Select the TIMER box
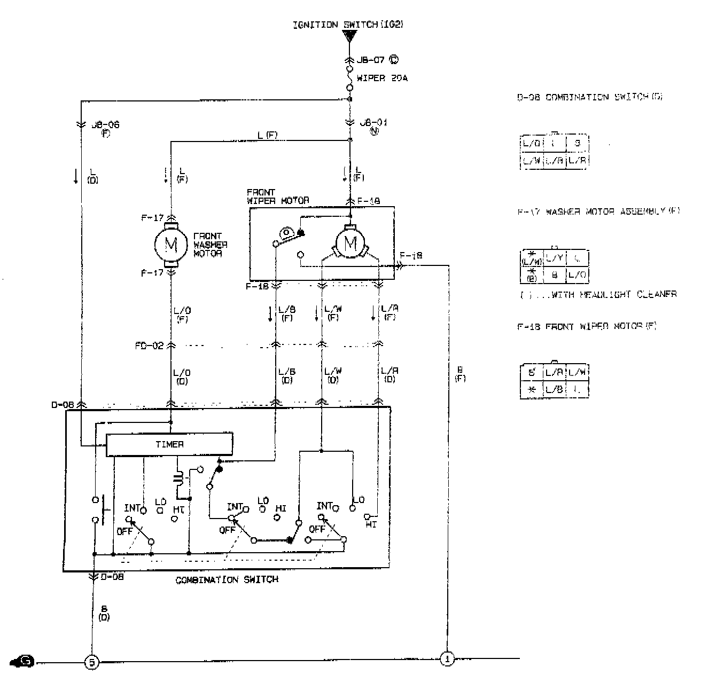[x=169, y=444]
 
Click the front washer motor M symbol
[x=171, y=245]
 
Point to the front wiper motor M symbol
[x=350, y=244]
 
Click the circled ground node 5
[x=92, y=662]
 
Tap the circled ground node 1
[x=447, y=659]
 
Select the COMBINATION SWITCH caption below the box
[x=227, y=580]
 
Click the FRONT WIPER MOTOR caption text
[x=278, y=197]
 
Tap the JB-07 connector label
[x=371, y=60]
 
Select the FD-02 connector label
[x=149, y=346]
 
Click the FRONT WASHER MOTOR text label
[x=210, y=245]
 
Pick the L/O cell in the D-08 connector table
[x=531, y=144]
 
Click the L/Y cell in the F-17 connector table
[x=555, y=258]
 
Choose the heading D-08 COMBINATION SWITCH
[x=582, y=98]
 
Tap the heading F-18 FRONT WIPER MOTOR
[x=586, y=326]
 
